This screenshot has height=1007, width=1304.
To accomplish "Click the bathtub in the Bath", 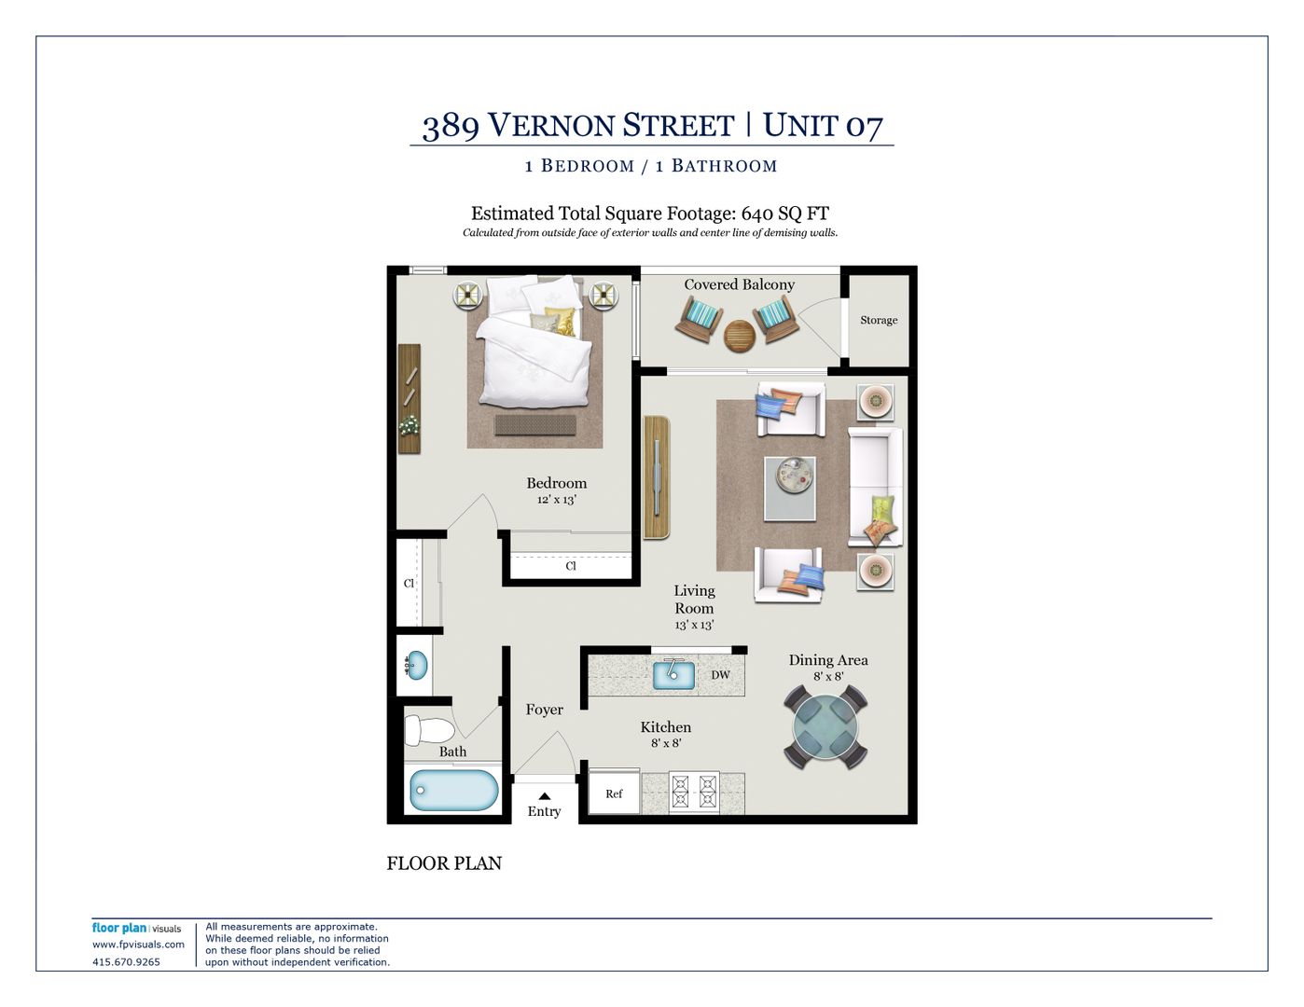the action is click(453, 790).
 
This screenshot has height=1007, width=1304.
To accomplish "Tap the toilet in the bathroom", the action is click(429, 730).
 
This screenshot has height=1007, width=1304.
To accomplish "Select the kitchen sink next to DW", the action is click(673, 674).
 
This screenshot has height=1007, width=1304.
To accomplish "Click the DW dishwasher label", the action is click(720, 675).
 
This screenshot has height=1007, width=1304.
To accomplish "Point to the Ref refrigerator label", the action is click(614, 793).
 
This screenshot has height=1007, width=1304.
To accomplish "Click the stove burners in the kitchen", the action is click(694, 792).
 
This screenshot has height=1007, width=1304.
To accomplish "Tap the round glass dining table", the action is click(825, 726).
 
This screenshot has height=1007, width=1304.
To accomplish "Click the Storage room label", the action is click(879, 320).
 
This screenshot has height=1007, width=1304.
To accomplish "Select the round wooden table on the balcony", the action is click(739, 336).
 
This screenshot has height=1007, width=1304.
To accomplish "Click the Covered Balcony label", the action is click(740, 284).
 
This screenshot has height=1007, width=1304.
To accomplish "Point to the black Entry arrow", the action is click(545, 796).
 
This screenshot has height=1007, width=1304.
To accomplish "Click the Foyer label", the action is click(545, 710).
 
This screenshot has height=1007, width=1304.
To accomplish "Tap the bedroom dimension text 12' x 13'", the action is click(556, 499).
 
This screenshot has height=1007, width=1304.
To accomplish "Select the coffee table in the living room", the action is click(790, 489).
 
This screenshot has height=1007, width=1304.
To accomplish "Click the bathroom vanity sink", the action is click(417, 665).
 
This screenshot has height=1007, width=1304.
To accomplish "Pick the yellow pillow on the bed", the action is click(562, 320).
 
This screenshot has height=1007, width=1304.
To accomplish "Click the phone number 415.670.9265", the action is click(126, 962).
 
